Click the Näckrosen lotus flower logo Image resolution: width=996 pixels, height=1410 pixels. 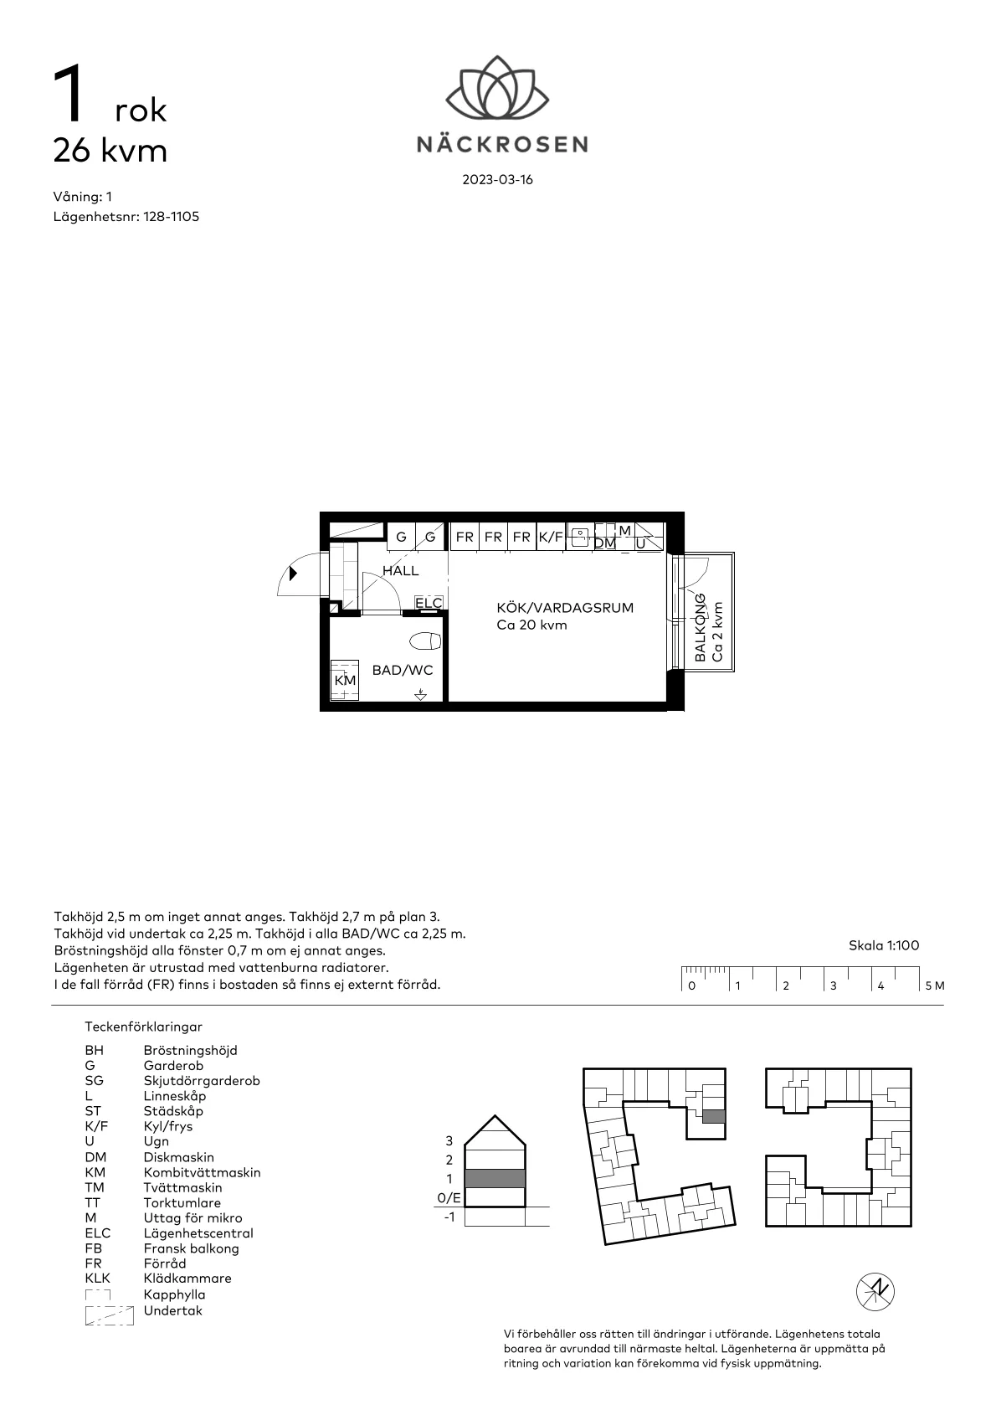[x=497, y=87]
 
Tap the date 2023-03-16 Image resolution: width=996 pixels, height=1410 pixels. [x=498, y=180]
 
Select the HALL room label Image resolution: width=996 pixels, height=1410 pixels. [x=401, y=571]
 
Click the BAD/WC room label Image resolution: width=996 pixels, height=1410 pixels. [x=403, y=671]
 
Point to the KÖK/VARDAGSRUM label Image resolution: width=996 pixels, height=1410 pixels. [x=565, y=608]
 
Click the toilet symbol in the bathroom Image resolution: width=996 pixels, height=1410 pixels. [x=425, y=641]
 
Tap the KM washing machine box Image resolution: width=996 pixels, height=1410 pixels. [x=345, y=680]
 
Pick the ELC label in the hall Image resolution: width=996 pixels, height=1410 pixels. [x=429, y=603]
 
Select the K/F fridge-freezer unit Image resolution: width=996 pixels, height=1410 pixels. [x=552, y=537]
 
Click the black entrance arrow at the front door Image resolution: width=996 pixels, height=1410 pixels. [x=293, y=574]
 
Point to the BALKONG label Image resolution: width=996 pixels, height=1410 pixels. [x=700, y=628]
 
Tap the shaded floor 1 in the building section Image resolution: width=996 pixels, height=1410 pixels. [x=495, y=1178]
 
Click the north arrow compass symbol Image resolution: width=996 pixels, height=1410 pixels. [x=875, y=1292]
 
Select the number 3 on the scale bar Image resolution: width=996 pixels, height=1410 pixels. [x=833, y=986]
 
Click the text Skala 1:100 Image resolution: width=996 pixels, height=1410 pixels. [x=884, y=945]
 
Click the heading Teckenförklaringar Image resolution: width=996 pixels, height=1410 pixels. [x=143, y=1027]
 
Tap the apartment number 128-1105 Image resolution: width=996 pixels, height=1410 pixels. [x=171, y=217]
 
